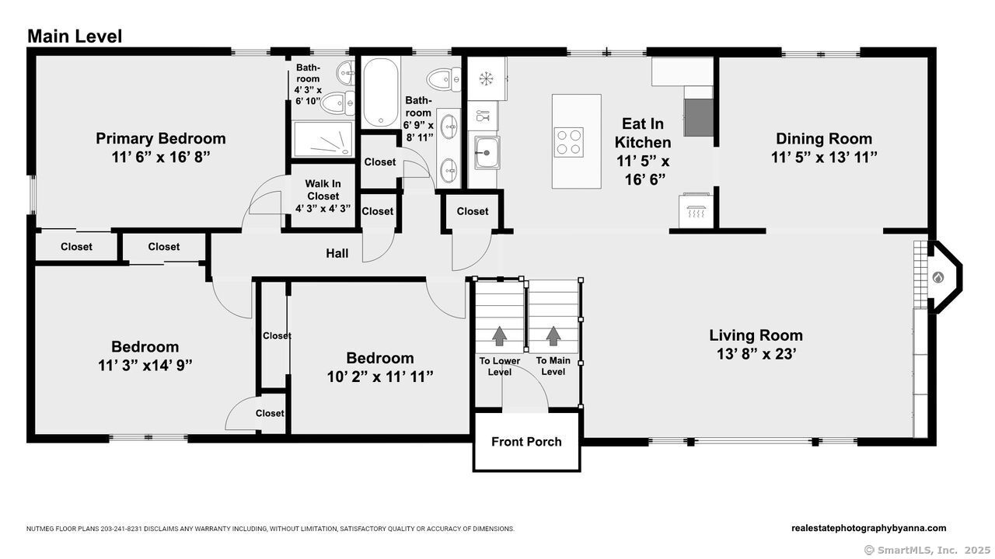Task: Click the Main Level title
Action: coord(75,36)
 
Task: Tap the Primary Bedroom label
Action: coord(161,138)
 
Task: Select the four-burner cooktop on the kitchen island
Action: coord(568,142)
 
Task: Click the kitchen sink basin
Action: coord(487,153)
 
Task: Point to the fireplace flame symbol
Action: coord(937,278)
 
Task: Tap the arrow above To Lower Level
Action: coord(500,336)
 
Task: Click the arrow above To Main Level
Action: coord(553,336)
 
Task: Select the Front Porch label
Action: coord(526,442)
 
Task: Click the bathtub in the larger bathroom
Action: coord(380,92)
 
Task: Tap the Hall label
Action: coord(337,253)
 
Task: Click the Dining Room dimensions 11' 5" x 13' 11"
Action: coord(824,158)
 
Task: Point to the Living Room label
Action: coord(756,335)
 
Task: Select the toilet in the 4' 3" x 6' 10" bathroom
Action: coord(337,103)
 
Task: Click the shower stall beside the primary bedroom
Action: coord(323,139)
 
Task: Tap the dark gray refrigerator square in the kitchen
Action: coord(698,117)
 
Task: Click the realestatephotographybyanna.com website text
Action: coord(869,528)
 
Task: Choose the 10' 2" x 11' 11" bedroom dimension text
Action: coord(380,377)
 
